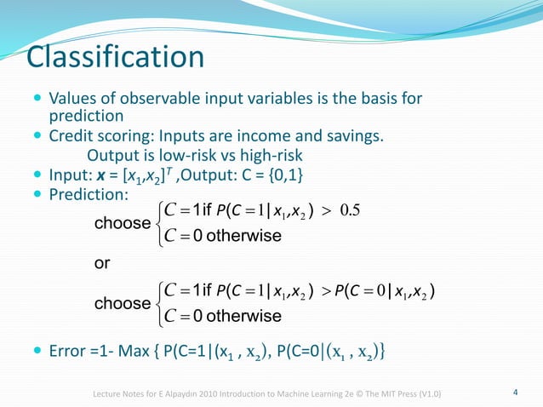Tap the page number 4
[515, 392]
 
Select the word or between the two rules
[101, 264]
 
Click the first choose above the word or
[121, 225]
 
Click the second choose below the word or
[121, 303]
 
